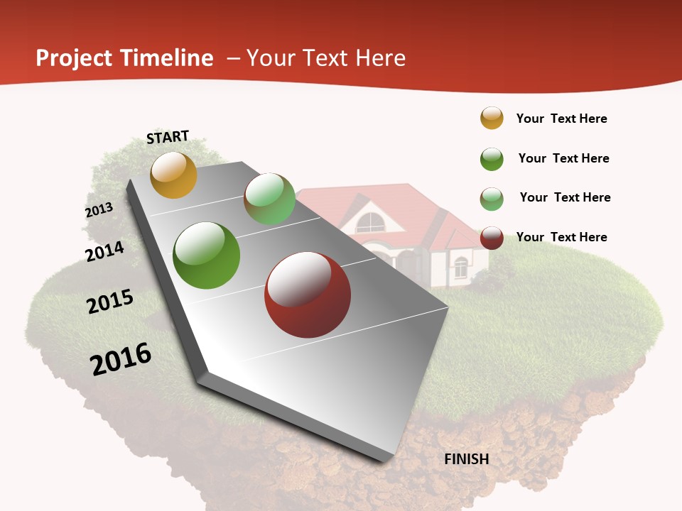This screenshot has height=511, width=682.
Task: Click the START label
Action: click(168, 137)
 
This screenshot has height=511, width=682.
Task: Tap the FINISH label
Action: click(467, 459)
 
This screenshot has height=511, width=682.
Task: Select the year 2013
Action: click(99, 210)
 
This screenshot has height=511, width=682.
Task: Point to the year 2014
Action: click(104, 251)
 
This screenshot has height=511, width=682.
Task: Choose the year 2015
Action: click(110, 301)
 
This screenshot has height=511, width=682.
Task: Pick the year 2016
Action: click(121, 358)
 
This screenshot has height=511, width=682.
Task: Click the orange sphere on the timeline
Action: click(173, 175)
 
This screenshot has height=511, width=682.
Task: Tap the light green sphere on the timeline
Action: click(269, 199)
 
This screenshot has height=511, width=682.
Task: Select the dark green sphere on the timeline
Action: click(207, 255)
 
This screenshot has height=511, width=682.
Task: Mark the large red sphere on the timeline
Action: click(308, 295)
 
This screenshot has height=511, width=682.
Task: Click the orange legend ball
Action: click(492, 118)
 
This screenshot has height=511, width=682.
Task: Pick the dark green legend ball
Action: click(492, 159)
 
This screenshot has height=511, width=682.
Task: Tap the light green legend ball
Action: click(492, 199)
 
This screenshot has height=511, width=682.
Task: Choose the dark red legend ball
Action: click(492, 238)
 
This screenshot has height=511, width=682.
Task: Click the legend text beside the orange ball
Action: click(561, 119)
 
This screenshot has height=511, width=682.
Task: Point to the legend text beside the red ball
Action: click(561, 237)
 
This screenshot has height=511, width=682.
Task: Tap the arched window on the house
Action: click(370, 223)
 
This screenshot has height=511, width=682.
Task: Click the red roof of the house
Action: click(426, 213)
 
